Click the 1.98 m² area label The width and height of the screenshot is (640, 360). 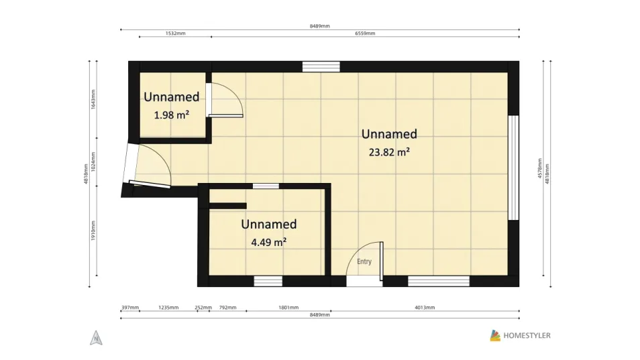pos(172,115)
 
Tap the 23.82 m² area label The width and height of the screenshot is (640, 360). pos(389,152)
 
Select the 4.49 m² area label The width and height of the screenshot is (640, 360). pos(268,243)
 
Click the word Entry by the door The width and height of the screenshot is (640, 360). pos(364,261)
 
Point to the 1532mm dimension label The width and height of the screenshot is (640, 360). pos(176,34)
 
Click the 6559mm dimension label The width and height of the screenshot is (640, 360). pos(365,34)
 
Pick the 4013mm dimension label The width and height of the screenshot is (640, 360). pos(425,308)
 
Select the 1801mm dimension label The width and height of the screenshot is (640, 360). pos(288,308)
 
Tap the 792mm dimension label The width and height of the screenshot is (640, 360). pos(227,308)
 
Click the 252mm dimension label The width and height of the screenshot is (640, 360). pos(203,308)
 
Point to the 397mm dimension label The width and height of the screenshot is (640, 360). pos(130,308)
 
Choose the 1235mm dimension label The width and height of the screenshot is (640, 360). pos(168,308)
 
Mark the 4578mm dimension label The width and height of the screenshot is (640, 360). pos(539,168)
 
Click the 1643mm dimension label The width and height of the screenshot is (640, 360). pos(93,99)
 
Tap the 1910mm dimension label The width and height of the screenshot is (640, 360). pos(93,231)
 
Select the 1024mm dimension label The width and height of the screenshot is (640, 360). pos(93,162)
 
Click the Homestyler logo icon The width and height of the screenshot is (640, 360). pos(495,336)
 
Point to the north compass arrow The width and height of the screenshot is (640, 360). pos(96,338)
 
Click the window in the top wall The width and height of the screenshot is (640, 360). pos(321,66)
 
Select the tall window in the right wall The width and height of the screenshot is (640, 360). pos(513,168)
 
